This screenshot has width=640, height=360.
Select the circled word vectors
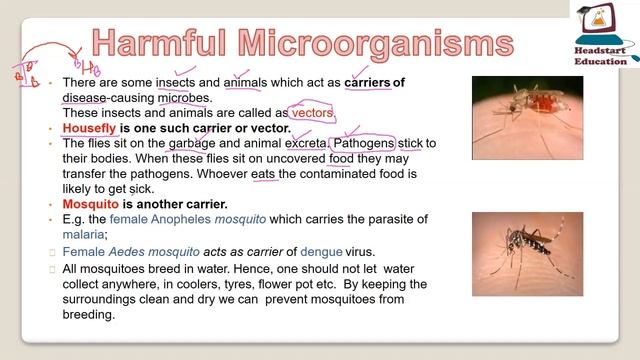pyautogui.click(x=312, y=113)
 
